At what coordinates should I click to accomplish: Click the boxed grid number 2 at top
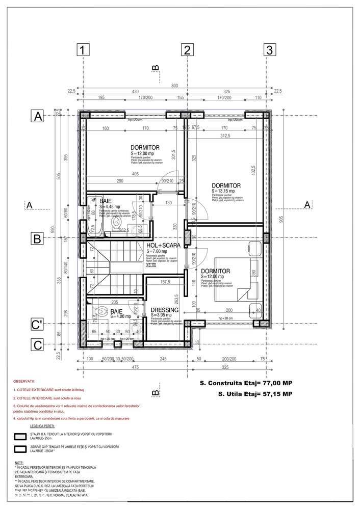click(x=187, y=50)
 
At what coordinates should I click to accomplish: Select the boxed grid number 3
click(x=269, y=50)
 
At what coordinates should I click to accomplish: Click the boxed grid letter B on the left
click(x=37, y=238)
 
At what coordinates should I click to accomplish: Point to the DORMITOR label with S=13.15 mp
click(x=226, y=186)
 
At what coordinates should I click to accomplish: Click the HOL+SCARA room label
click(x=163, y=245)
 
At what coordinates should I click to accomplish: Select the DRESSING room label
click(x=165, y=310)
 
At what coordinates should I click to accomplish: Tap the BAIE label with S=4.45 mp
click(x=106, y=202)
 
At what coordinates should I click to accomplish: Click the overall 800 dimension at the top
click(x=175, y=86)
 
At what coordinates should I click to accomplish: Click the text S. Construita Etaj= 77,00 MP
click(x=246, y=383)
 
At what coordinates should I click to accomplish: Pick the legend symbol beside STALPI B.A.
click(x=21, y=436)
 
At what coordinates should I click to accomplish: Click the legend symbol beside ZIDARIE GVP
click(x=21, y=449)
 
